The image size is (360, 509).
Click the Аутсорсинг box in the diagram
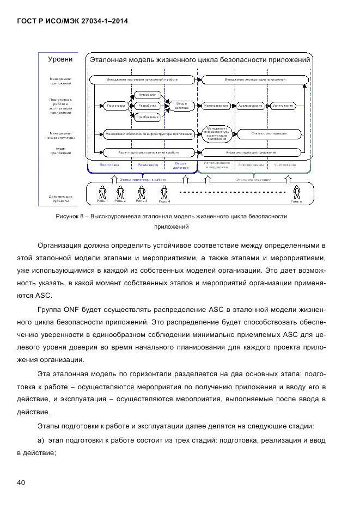tap(147, 94)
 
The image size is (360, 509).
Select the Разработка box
tap(147, 106)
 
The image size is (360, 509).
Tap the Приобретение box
tap(147, 117)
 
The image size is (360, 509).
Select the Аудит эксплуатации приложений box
tap(252, 152)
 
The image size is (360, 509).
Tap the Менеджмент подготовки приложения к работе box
tap(142, 79)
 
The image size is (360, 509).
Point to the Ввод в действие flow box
tap(181, 105)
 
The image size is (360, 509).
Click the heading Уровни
tap(60, 59)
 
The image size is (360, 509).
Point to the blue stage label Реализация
tap(148, 164)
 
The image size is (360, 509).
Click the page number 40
tap(21, 483)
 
